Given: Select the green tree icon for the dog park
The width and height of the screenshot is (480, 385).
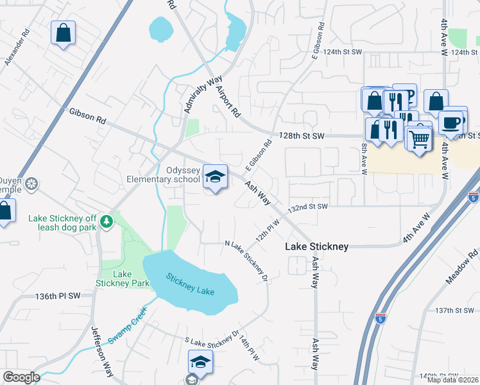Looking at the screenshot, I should point(107,221).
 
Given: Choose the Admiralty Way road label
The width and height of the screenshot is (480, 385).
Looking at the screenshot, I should point(200,94).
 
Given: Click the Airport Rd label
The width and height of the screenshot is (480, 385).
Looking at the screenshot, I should point(227,101).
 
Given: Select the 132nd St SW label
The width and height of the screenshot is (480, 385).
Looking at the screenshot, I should point(308,207).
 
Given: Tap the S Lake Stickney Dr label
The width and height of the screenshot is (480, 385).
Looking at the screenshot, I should point(211,339).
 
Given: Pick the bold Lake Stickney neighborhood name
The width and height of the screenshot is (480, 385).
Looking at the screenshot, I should point(317,246).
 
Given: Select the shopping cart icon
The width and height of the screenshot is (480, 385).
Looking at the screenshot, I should point(419,138).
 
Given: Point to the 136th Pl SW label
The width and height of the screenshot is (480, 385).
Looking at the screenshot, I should point(58,296).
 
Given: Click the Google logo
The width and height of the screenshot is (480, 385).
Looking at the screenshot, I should point(21,378).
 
